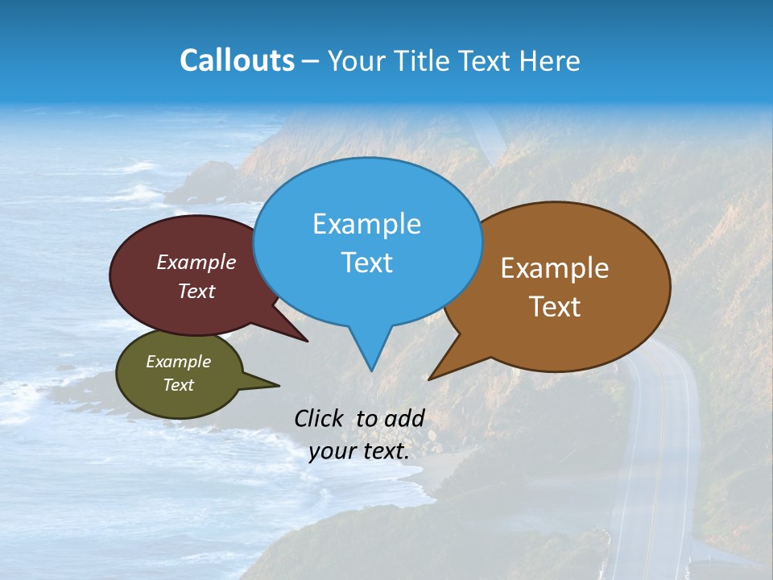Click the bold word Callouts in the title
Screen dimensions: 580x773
coord(237,60)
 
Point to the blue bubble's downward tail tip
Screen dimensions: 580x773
coord(371,370)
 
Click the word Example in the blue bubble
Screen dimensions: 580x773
coord(366,224)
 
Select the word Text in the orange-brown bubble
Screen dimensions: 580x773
coord(555,307)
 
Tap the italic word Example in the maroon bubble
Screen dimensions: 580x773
coord(196,262)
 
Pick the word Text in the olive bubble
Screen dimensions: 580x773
coord(178,385)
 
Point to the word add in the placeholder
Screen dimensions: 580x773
coord(403,418)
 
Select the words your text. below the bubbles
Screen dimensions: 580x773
coord(359,452)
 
